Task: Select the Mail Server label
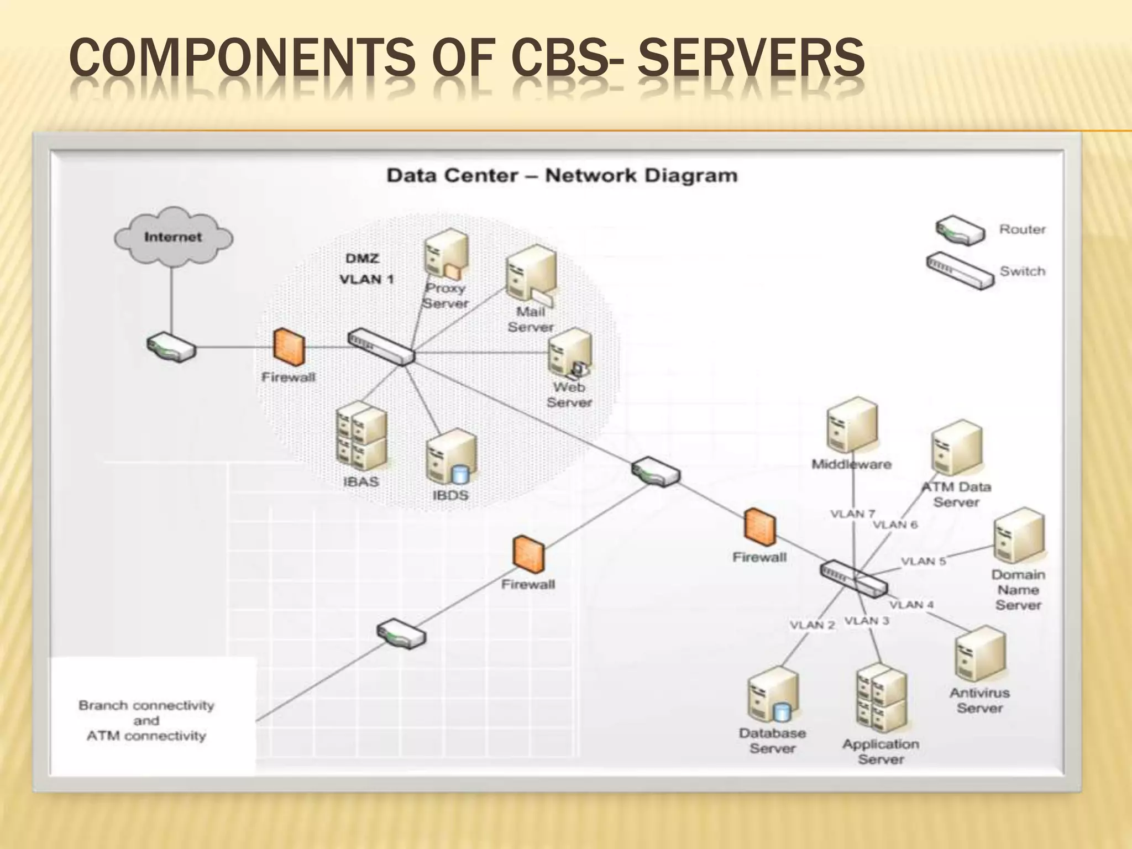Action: [x=530, y=319]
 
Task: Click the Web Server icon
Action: [x=570, y=354]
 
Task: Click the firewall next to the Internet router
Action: [x=289, y=347]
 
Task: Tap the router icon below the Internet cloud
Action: [x=171, y=347]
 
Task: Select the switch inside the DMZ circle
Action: [x=381, y=347]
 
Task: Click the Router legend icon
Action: [x=960, y=230]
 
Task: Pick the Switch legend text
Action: [x=1022, y=271]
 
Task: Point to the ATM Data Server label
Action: [x=956, y=495]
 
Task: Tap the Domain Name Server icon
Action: [x=1019, y=536]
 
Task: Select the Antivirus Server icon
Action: [x=979, y=654]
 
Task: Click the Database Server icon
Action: [x=773, y=695]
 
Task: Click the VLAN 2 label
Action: [x=812, y=625]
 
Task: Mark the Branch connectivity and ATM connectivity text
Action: [x=146, y=721]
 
